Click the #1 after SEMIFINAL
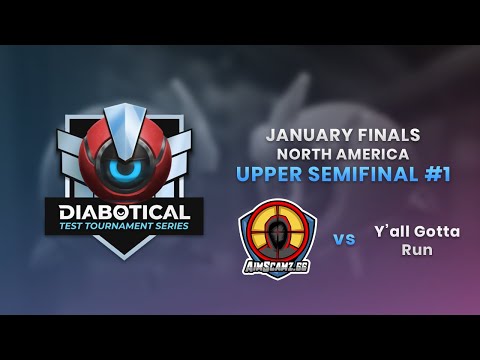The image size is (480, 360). [x=435, y=174]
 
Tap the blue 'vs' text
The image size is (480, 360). [x=344, y=239]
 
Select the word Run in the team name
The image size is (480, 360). [x=417, y=250]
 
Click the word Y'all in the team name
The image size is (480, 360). [x=392, y=231]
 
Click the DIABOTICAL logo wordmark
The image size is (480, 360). [x=124, y=212]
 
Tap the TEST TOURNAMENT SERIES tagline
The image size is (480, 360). [x=124, y=227]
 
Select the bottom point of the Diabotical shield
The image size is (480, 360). [x=125, y=258]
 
